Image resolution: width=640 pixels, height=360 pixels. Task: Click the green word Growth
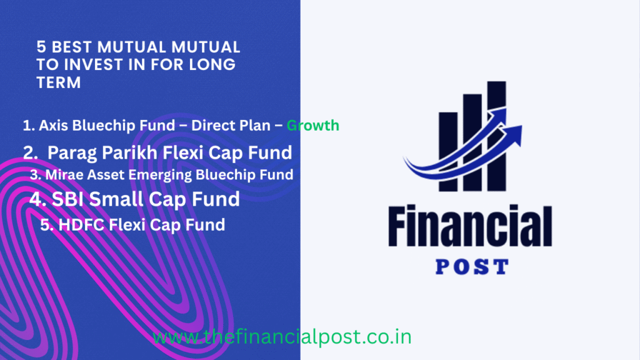[312, 126]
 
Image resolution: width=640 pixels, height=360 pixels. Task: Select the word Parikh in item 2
[123, 152]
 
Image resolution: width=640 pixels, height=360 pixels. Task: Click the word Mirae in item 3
[61, 175]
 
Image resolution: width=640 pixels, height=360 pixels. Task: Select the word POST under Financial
[470, 267]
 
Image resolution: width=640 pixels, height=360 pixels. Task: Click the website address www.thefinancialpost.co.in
[282, 337]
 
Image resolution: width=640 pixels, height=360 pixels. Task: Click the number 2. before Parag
[31, 152]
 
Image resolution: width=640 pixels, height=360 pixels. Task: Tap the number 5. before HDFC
[46, 224]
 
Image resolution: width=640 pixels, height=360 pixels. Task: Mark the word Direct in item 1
[213, 126]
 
